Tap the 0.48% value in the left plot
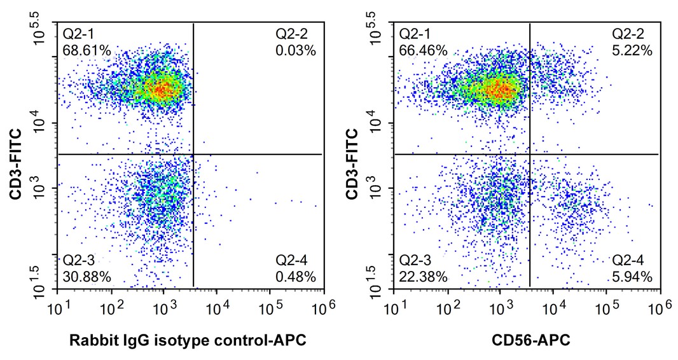click(296, 276)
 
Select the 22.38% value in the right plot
click(423, 276)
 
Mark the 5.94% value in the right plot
click(633, 276)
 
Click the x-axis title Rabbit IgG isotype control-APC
click(189, 342)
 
